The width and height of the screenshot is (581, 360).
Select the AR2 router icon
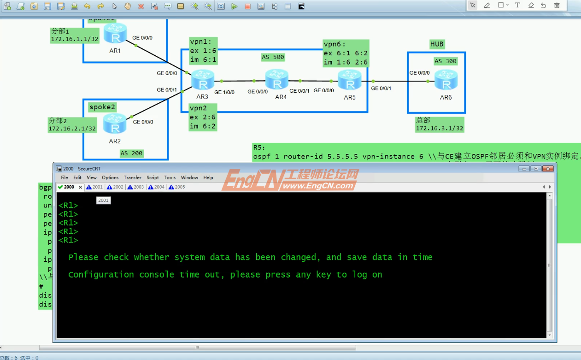115,124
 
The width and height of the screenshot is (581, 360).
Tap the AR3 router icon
203,80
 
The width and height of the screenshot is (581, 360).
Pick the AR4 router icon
277,80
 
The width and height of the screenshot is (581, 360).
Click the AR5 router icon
350,80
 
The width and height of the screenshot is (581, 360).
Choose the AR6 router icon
446,80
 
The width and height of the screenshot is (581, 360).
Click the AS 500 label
273,57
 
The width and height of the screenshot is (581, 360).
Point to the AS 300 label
445,61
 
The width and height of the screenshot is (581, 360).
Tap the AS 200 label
131,153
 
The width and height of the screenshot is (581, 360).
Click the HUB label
437,44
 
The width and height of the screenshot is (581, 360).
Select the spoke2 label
102,107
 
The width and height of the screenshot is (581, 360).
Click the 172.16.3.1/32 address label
439,128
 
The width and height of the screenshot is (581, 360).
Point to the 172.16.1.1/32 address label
75,39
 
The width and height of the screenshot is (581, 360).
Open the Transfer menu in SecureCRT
132,177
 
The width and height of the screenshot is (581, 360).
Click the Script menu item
153,177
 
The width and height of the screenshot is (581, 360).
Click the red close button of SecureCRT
548,169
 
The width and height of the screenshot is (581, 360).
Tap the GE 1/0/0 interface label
224,92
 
